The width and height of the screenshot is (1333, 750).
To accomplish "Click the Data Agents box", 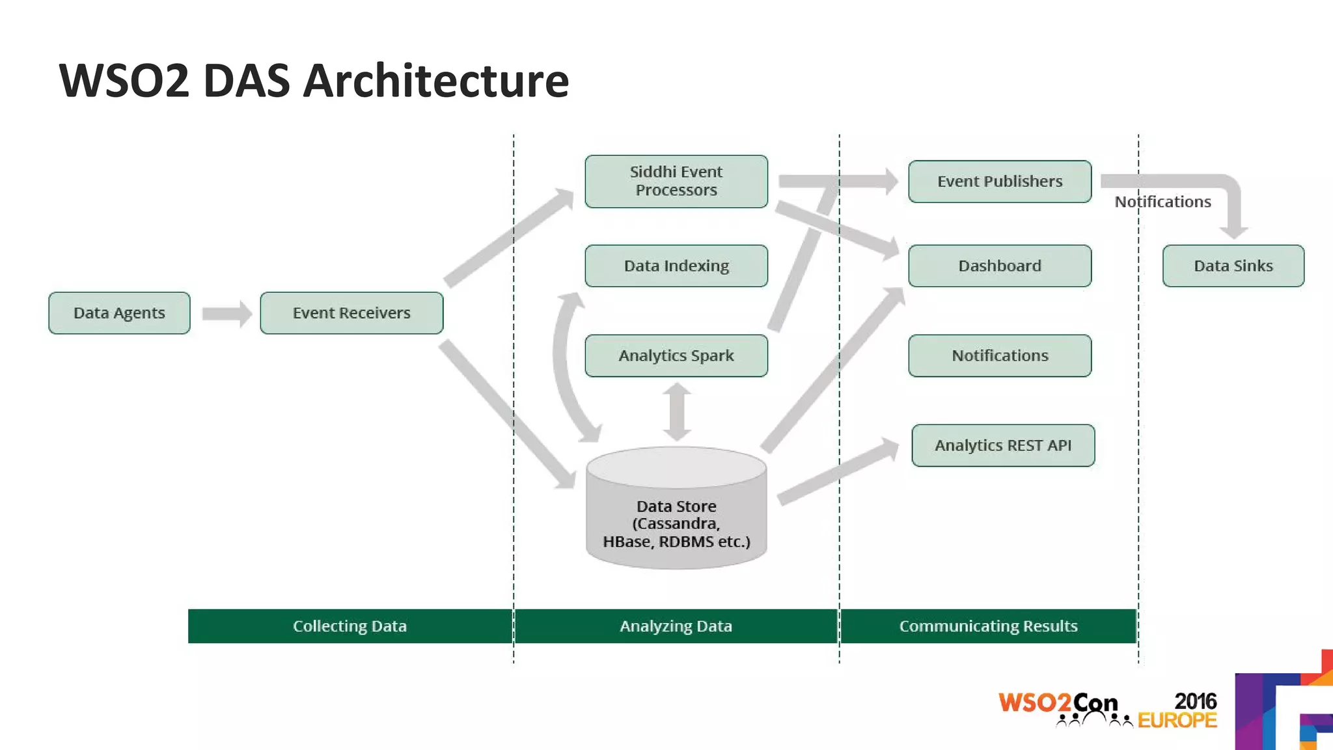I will pos(119,313).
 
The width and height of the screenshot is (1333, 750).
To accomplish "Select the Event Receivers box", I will pos(351,313).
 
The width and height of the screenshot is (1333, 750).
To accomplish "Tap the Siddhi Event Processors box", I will pos(676,181).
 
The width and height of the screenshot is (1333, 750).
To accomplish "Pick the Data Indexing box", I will pos(676,266).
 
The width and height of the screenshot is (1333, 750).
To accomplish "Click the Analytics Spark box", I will pos(676,355).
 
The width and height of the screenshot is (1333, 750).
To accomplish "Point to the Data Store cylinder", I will pos(676,514).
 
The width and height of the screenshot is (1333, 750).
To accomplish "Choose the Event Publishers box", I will pos(999,182).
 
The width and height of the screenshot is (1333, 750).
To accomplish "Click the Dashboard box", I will pos(999,266).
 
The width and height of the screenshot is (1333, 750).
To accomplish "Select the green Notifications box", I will pos(999,355).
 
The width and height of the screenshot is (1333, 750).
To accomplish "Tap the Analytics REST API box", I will pos(1002,445).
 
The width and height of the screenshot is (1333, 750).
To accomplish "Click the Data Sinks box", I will pos(1233,266).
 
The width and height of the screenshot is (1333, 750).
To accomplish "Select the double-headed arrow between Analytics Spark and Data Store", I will pos(677,411).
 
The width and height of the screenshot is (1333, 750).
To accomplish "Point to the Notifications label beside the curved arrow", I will pos(1162,202).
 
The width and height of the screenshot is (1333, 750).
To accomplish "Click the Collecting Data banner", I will pos(350,626).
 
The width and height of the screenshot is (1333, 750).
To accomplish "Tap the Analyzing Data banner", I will pos(676,626).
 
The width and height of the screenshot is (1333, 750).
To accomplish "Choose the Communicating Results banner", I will pos(988,626).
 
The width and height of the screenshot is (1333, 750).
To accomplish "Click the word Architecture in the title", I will pos(436,81).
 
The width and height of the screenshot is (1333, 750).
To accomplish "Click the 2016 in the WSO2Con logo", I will pos(1195,701).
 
